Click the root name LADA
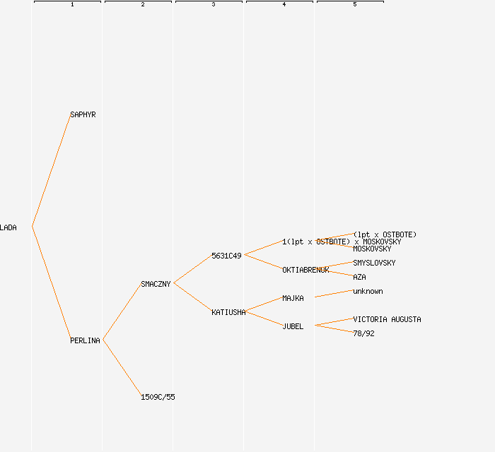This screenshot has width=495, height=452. click(x=8, y=227)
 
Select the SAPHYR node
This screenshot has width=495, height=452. click(x=83, y=114)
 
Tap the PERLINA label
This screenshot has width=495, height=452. click(x=85, y=340)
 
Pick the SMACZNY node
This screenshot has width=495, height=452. click(x=156, y=284)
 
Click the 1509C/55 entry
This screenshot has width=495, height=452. click(x=158, y=397)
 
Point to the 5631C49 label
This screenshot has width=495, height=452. click(x=226, y=256)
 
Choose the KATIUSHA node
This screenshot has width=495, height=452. click(x=228, y=312)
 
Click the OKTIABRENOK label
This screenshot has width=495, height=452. click(x=305, y=270)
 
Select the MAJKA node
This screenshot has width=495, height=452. click(x=293, y=298)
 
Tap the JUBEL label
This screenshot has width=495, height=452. click(x=293, y=326)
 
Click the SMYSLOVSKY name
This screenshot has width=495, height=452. click(x=374, y=263)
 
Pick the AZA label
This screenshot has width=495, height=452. click(x=359, y=277)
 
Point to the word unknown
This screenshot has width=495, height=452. click(x=368, y=291)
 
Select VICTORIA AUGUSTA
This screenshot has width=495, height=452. click(x=387, y=319)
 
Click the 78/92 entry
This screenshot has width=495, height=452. click(x=363, y=333)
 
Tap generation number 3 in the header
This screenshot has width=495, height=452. click(x=213, y=5)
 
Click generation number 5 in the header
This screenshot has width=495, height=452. click(x=354, y=5)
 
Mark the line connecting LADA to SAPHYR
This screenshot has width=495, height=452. click(x=51, y=170)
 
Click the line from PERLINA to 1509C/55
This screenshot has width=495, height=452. click(x=122, y=368)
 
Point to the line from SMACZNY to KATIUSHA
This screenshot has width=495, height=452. click(x=192, y=297)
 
